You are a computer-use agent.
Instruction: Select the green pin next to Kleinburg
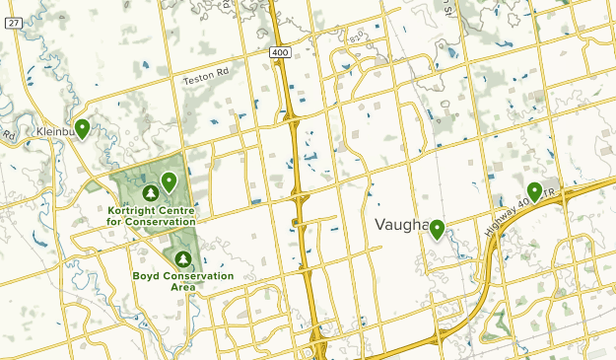[83, 127]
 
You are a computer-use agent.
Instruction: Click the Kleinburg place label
[54, 130]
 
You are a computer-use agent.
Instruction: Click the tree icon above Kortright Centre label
[151, 193]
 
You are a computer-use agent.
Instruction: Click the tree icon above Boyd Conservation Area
[182, 258]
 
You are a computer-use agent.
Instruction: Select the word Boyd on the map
[148, 276]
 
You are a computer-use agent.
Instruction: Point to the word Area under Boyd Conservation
[182, 287]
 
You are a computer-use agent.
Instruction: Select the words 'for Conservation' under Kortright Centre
[151, 222]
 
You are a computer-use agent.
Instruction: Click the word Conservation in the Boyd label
[199, 276]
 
